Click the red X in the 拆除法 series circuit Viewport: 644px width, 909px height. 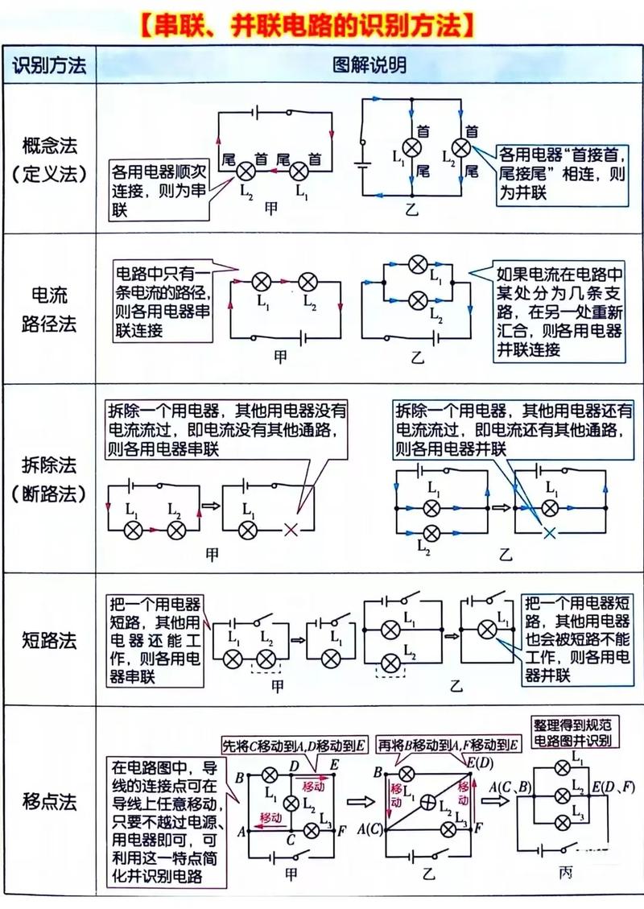pyautogui.click(x=293, y=529)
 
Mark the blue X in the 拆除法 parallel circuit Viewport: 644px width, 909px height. pyautogui.click(x=550, y=532)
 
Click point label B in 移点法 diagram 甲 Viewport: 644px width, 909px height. pyautogui.click(x=240, y=777)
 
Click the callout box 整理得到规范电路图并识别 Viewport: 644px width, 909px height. pyautogui.click(x=572, y=732)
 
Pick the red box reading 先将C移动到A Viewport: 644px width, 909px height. pyautogui.click(x=294, y=746)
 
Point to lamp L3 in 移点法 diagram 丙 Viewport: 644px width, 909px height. pyautogui.click(x=556, y=820)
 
